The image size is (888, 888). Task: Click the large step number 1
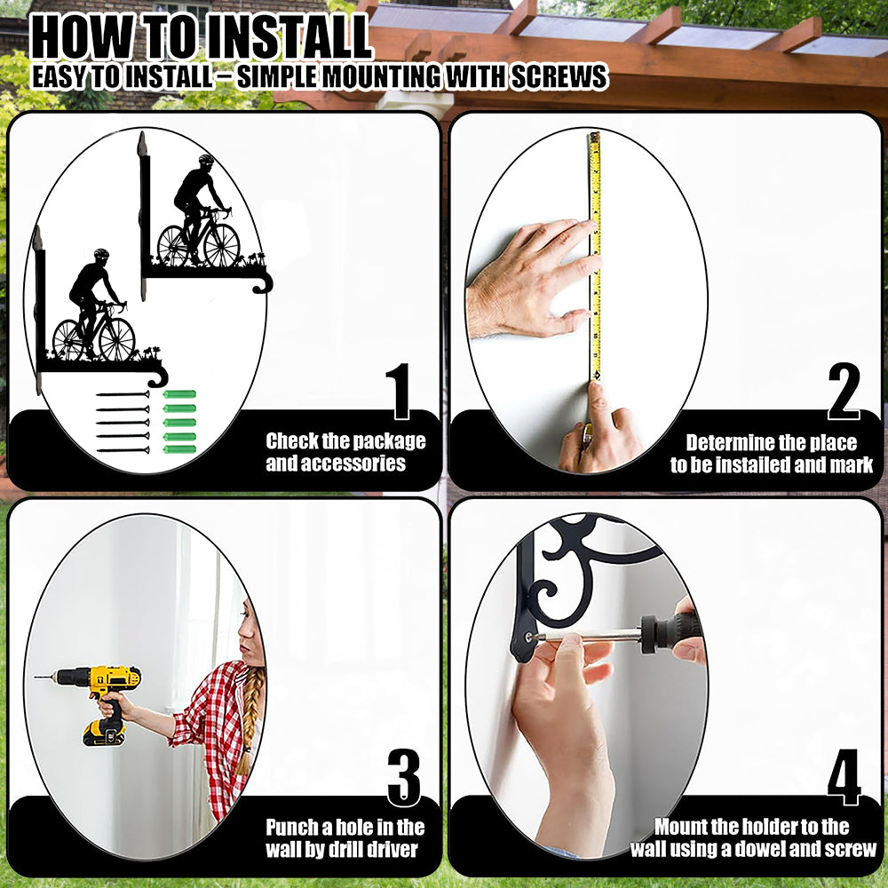click(x=400, y=391)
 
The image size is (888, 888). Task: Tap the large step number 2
click(x=844, y=391)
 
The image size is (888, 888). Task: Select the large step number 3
click(x=404, y=777)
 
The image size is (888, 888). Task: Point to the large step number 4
click(x=844, y=777)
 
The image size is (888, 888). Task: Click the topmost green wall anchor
click(x=179, y=394)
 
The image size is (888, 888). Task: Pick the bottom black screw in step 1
click(x=123, y=450)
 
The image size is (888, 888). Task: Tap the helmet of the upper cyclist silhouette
click(x=207, y=159)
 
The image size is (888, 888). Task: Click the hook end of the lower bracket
click(x=159, y=376)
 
